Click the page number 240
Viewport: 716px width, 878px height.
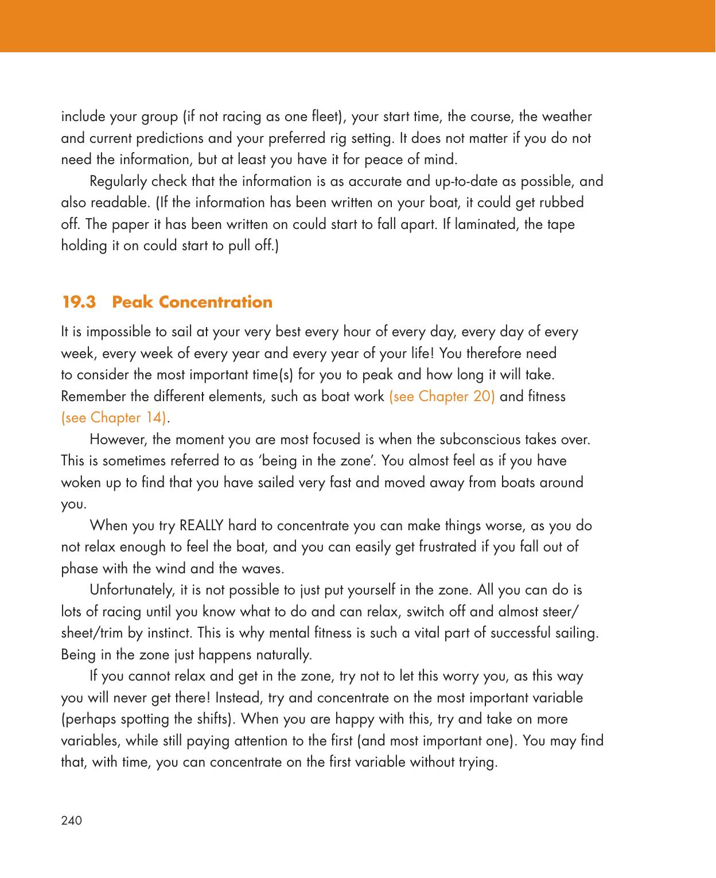pyautogui.click(x=72, y=820)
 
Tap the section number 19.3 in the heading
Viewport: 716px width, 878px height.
pyautogui.click(x=79, y=302)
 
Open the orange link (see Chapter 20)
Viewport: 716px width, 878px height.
pyautogui.click(x=442, y=397)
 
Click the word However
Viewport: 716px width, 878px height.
pyautogui.click(x=115, y=440)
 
